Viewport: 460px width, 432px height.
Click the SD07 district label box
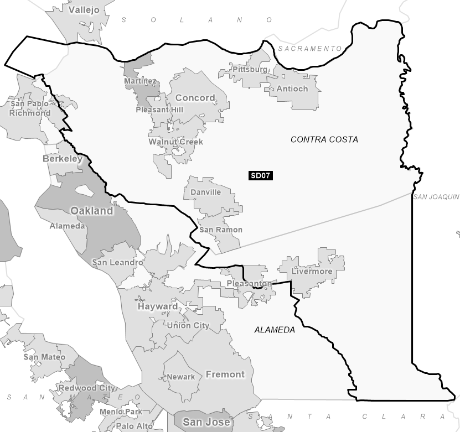[261, 176]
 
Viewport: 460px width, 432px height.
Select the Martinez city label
[140, 81]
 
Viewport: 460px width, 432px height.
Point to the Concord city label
[195, 98]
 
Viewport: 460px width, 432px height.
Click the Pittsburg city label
[250, 69]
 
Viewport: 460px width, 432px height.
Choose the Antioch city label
[292, 89]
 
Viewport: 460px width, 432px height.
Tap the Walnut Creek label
[175, 142]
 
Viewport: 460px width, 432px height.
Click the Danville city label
[205, 192]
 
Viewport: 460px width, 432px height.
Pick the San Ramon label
[220, 230]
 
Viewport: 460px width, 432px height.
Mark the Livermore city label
[313, 271]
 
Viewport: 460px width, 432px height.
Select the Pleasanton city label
[249, 284]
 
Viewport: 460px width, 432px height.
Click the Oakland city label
[91, 211]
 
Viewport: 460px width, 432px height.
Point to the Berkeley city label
[63, 159]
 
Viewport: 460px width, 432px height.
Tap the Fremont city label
[225, 374]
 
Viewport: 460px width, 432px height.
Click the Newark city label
[181, 377]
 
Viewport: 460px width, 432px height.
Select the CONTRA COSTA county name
[324, 139]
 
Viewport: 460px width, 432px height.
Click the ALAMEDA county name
[275, 330]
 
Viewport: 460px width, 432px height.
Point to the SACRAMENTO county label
[310, 49]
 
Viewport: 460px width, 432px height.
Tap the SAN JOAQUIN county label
[436, 196]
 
